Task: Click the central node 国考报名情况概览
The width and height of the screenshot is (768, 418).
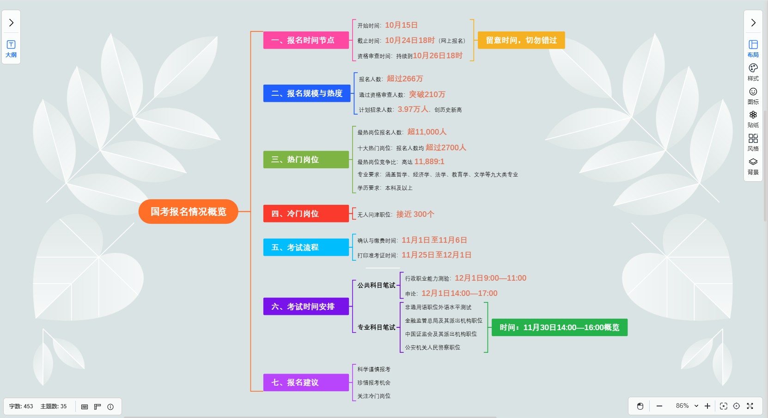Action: click(188, 212)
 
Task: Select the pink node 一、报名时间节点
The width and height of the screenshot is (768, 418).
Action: click(306, 40)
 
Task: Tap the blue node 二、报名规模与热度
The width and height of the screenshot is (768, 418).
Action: click(307, 93)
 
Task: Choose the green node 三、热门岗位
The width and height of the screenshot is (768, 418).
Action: click(306, 160)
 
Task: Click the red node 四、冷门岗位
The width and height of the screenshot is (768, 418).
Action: click(306, 214)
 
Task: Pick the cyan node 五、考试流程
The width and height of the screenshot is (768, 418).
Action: click(306, 247)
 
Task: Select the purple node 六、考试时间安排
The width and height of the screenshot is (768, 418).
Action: click(306, 307)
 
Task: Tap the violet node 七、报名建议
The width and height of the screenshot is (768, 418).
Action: click(306, 382)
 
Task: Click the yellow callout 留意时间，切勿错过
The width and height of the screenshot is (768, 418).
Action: click(521, 40)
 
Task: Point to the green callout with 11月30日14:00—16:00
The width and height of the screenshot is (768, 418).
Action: click(559, 327)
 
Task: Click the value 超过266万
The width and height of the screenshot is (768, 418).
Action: click(405, 79)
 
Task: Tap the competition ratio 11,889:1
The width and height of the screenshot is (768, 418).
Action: click(429, 161)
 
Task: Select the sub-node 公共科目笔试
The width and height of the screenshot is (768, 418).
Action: click(376, 285)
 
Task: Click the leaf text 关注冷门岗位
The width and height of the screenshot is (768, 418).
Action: click(374, 396)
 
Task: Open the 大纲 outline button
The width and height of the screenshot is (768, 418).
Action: click(11, 49)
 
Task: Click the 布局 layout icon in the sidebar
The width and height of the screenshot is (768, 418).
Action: click(753, 48)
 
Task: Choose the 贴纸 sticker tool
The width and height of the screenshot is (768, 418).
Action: click(753, 118)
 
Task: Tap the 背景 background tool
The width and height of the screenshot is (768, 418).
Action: click(753, 166)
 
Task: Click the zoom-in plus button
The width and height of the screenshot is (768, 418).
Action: click(707, 406)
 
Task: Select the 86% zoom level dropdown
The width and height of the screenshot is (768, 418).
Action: click(687, 406)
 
